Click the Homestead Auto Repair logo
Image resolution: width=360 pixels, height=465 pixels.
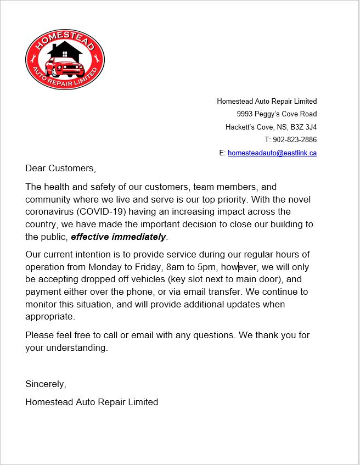tap(65, 60)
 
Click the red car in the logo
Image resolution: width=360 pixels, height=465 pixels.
tap(65, 69)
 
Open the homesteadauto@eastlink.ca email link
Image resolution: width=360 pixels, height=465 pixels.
tap(272, 153)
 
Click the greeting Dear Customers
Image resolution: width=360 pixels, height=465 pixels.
tap(60, 168)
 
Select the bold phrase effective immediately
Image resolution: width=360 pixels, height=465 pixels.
tap(118, 237)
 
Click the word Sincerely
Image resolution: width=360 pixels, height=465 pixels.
tap(46, 384)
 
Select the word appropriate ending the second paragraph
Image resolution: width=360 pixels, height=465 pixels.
tap(50, 317)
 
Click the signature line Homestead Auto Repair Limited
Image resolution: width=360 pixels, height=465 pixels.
tap(92, 402)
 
